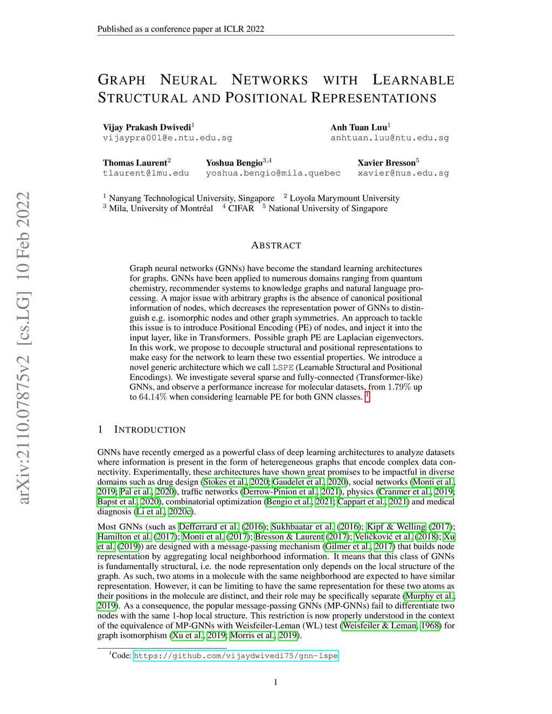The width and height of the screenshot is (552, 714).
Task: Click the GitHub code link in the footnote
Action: (x=236, y=656)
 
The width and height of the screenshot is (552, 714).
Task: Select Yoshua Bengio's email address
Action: (x=273, y=173)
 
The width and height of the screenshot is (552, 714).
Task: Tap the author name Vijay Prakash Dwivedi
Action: (x=147, y=127)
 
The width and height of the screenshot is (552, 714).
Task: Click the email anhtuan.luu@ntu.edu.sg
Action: (x=389, y=137)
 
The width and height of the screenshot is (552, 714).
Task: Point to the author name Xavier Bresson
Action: (x=387, y=163)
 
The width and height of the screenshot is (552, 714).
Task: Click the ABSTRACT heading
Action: (x=276, y=245)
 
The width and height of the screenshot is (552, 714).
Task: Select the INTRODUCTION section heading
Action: (x=149, y=429)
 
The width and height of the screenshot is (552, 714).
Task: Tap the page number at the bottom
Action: (x=276, y=682)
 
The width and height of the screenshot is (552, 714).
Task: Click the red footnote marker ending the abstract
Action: (x=367, y=397)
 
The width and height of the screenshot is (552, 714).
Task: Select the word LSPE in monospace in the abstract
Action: (x=283, y=368)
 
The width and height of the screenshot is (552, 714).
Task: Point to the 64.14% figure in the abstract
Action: (x=153, y=397)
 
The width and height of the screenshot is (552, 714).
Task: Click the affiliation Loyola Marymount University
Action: (x=344, y=198)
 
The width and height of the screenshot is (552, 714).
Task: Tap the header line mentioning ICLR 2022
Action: (x=181, y=29)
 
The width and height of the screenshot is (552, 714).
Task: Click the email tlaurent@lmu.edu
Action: (x=146, y=173)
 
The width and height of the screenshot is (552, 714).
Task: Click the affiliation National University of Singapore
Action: (x=328, y=209)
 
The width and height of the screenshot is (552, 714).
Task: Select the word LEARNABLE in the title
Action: (x=413, y=80)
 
